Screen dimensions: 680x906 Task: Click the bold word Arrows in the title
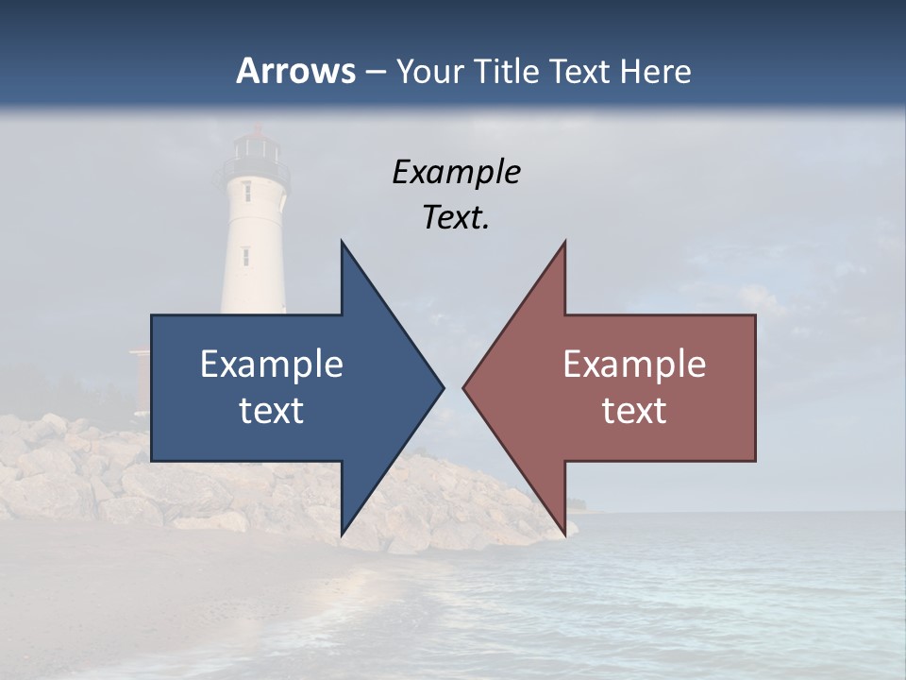[296, 71]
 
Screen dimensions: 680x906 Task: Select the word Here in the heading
[655, 71]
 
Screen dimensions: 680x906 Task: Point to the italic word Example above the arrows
[456, 173]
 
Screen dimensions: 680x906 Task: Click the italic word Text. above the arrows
[456, 218]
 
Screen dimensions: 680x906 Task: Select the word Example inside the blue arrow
[271, 365]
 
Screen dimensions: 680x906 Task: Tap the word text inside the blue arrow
[271, 411]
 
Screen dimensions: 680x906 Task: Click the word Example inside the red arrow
[634, 365]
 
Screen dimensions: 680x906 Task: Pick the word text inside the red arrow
[634, 411]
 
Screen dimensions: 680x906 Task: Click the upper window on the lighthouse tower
[247, 191]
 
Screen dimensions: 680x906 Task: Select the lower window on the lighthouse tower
[245, 255]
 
